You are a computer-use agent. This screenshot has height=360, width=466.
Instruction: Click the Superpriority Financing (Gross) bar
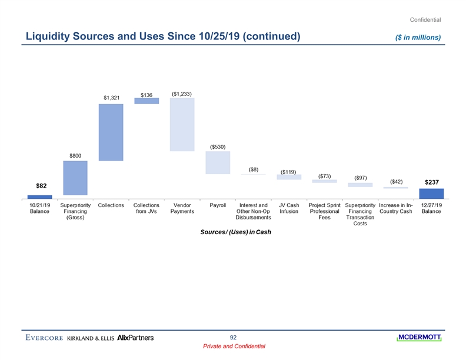click(x=75, y=178)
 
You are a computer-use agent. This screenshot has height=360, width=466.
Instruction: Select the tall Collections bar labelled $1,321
click(x=111, y=132)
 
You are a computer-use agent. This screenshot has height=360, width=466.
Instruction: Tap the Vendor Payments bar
click(x=182, y=124)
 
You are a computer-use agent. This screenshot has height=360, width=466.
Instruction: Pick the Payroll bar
click(x=217, y=162)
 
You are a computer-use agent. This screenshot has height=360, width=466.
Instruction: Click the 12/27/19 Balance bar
click(x=431, y=194)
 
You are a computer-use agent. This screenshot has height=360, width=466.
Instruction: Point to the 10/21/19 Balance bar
click(x=40, y=196)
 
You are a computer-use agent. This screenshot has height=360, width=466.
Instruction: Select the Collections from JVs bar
click(x=147, y=101)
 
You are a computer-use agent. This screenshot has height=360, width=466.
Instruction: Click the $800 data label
click(x=75, y=155)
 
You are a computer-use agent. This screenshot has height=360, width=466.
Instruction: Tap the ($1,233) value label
click(x=182, y=93)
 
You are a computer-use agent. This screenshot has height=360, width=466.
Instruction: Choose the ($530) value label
click(x=218, y=146)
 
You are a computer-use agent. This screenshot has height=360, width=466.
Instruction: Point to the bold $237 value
click(x=432, y=182)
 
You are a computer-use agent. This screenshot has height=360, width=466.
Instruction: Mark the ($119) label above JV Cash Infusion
click(x=288, y=172)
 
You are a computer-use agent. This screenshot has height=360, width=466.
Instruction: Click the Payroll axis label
click(x=218, y=205)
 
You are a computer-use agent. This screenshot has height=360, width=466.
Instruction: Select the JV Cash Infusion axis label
click(x=289, y=208)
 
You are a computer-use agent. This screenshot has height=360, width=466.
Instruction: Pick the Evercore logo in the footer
click(x=44, y=338)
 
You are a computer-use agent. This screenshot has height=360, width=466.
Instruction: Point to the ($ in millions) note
click(x=418, y=38)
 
